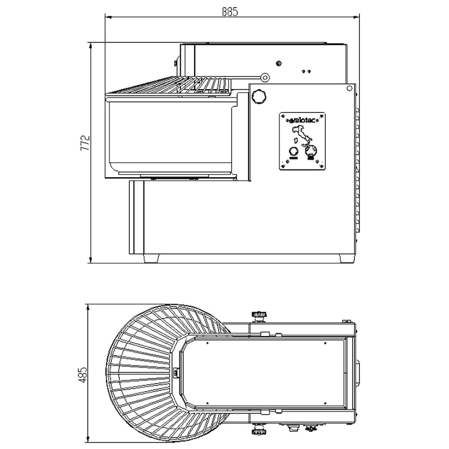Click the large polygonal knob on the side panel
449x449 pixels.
pos(258,97)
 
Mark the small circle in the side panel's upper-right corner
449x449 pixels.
pos(349,88)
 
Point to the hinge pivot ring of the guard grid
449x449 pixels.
pos(265,77)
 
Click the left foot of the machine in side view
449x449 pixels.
pos(151,259)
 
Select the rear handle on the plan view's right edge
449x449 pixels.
pos(358,372)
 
